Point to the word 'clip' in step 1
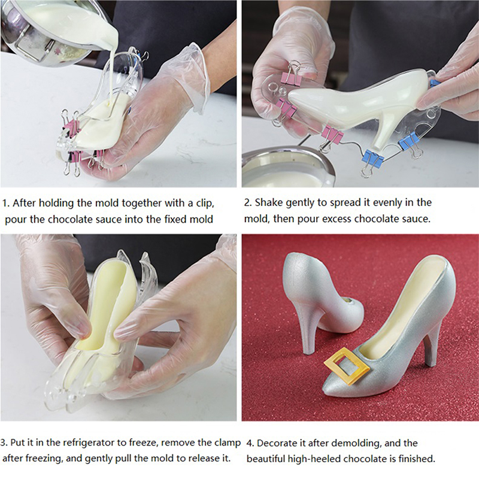point(204,203)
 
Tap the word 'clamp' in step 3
point(226,442)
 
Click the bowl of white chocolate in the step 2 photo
point(287,168)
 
